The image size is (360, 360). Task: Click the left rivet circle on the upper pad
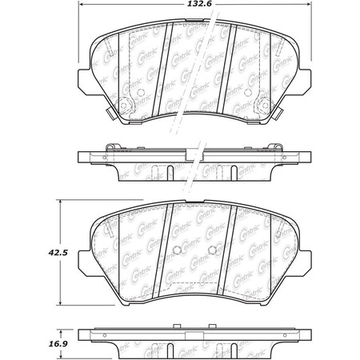click(131, 105)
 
